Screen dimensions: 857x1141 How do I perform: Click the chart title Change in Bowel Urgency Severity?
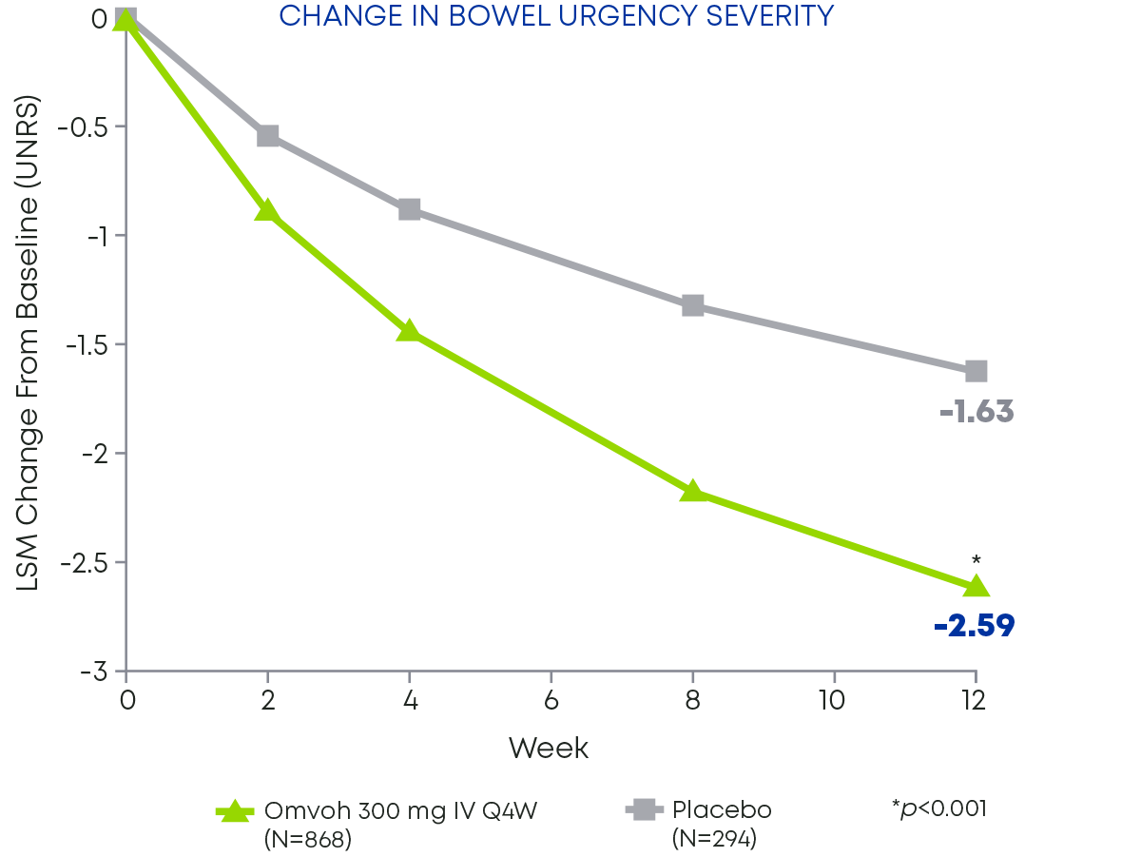click(556, 16)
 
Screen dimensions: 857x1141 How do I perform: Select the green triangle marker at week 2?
click(268, 210)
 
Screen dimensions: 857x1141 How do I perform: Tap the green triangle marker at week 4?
click(409, 330)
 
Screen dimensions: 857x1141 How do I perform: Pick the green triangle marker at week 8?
click(692, 491)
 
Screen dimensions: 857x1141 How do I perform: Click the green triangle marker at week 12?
click(976, 586)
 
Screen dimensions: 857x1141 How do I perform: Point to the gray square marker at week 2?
click(268, 136)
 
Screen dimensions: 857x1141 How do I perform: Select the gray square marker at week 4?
click(410, 209)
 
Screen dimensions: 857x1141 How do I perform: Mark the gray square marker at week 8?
click(692, 305)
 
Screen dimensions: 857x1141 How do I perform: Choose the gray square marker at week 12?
click(976, 371)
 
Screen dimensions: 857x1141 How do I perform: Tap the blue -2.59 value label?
click(974, 626)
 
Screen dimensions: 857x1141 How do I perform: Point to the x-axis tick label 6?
click(551, 701)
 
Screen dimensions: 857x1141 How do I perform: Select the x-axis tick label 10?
click(834, 701)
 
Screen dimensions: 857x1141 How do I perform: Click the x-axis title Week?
click(549, 749)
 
